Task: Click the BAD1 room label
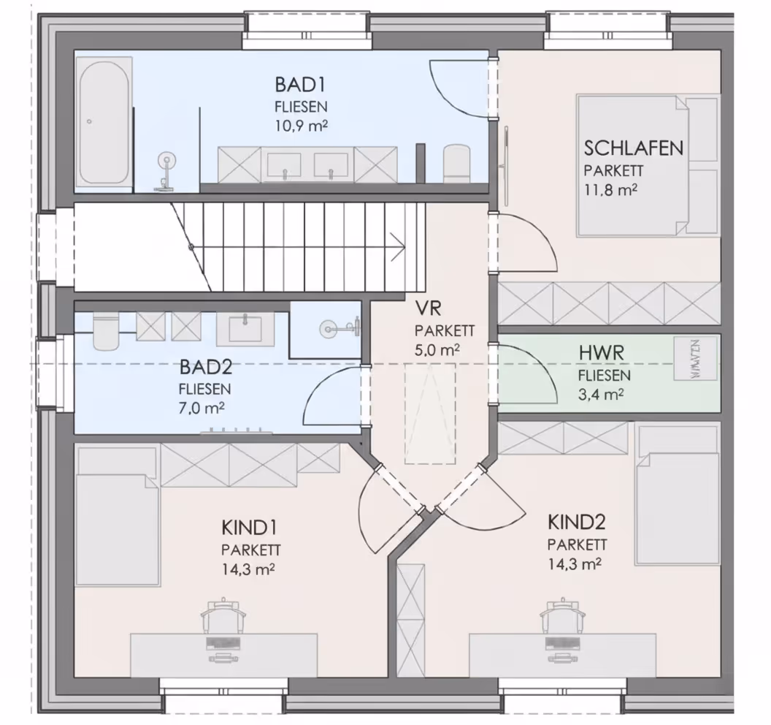click(x=300, y=85)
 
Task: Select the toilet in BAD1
click(x=456, y=163)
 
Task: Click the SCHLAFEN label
click(x=633, y=148)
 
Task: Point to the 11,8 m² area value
click(x=610, y=190)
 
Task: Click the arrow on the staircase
click(x=397, y=246)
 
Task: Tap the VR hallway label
click(x=429, y=308)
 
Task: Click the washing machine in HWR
click(x=695, y=359)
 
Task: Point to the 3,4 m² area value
click(x=601, y=395)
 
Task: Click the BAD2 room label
click(x=206, y=367)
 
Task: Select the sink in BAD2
click(x=245, y=328)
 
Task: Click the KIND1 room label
click(x=249, y=528)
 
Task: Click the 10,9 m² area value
click(x=301, y=126)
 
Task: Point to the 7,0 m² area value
click(x=202, y=408)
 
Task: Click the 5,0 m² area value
click(x=437, y=350)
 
